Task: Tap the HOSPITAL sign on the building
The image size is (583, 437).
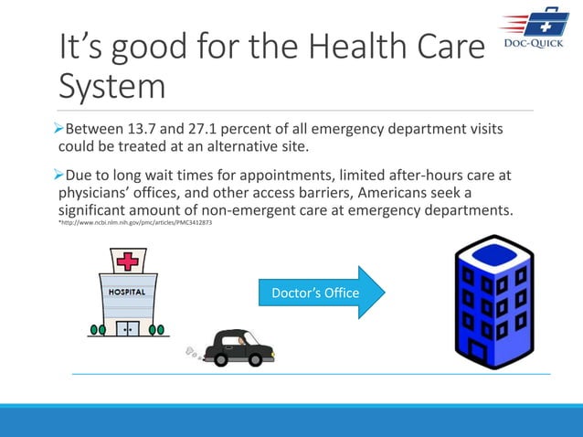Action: [x=128, y=293]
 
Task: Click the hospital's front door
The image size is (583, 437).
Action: [x=128, y=327]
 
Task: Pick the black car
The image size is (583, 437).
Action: [x=238, y=346]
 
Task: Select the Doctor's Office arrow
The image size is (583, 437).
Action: [x=314, y=293]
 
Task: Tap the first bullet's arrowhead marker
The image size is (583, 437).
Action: [x=62, y=128]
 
